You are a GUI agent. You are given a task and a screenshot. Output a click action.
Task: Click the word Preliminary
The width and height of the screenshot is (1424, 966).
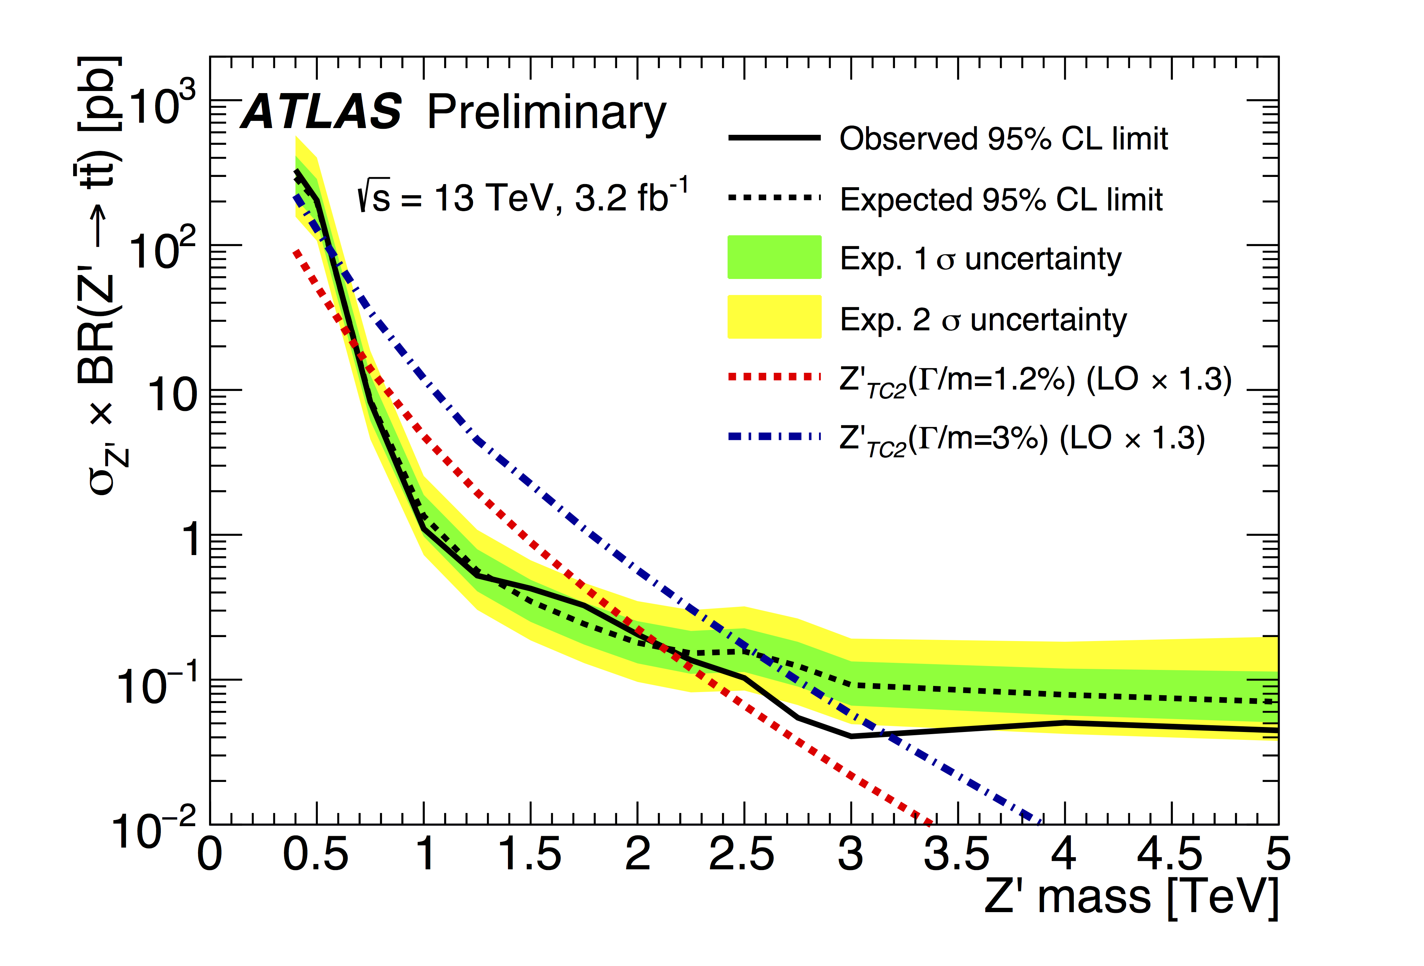coord(546,114)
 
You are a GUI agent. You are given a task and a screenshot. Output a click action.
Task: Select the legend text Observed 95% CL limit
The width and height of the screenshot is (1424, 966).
coord(1003,139)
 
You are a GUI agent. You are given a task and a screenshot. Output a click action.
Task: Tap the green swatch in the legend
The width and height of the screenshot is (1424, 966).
coord(774,257)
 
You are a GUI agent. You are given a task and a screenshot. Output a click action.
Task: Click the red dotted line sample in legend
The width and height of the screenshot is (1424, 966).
coord(774,377)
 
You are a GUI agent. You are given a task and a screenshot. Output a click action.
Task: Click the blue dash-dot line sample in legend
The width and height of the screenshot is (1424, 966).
coord(774,437)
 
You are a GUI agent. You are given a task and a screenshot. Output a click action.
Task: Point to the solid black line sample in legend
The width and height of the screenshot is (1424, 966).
coord(774,138)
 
